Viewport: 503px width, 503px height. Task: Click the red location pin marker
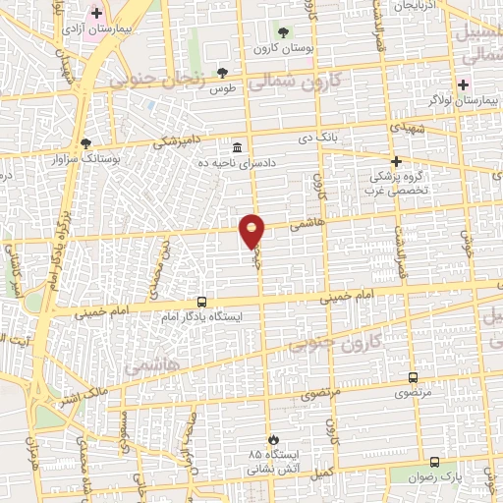click(252, 231)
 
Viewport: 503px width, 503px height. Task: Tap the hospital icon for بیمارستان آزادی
click(96, 14)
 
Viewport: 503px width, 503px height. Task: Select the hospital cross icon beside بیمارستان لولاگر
click(463, 84)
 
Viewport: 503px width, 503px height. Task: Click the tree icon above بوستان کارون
click(284, 33)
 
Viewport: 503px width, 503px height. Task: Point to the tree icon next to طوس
click(223, 73)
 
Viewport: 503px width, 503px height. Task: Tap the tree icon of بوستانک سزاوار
click(85, 142)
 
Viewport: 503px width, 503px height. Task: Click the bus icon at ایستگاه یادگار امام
click(202, 303)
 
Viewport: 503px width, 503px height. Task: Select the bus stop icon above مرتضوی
click(413, 377)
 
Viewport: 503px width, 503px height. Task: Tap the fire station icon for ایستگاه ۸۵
click(272, 439)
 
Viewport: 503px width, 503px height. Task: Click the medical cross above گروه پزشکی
click(396, 160)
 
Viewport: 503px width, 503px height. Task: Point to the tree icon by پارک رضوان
click(435, 461)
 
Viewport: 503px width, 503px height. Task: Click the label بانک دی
click(319, 138)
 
